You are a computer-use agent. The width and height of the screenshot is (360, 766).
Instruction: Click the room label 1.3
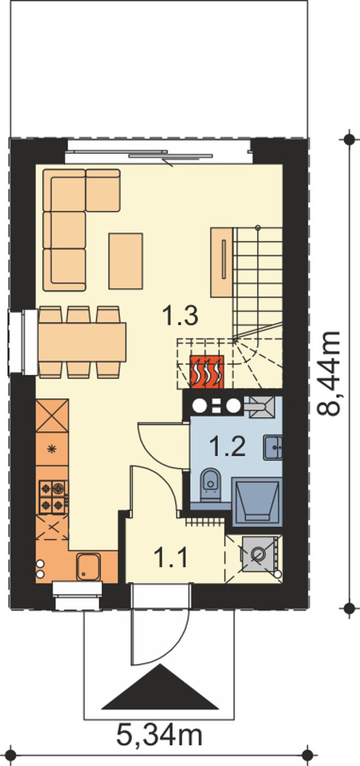coord(180,316)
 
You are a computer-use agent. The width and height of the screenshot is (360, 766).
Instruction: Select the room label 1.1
coord(171,558)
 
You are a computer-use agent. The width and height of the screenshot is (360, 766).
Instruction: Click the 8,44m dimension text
coord(328,374)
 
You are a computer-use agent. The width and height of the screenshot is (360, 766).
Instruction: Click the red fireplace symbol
coord(207,372)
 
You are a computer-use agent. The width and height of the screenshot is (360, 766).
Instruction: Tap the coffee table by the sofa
coord(125,261)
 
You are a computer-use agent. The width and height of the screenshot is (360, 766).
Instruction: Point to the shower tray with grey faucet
coord(261,407)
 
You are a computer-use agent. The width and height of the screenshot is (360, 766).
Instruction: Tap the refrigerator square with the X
coord(52,416)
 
